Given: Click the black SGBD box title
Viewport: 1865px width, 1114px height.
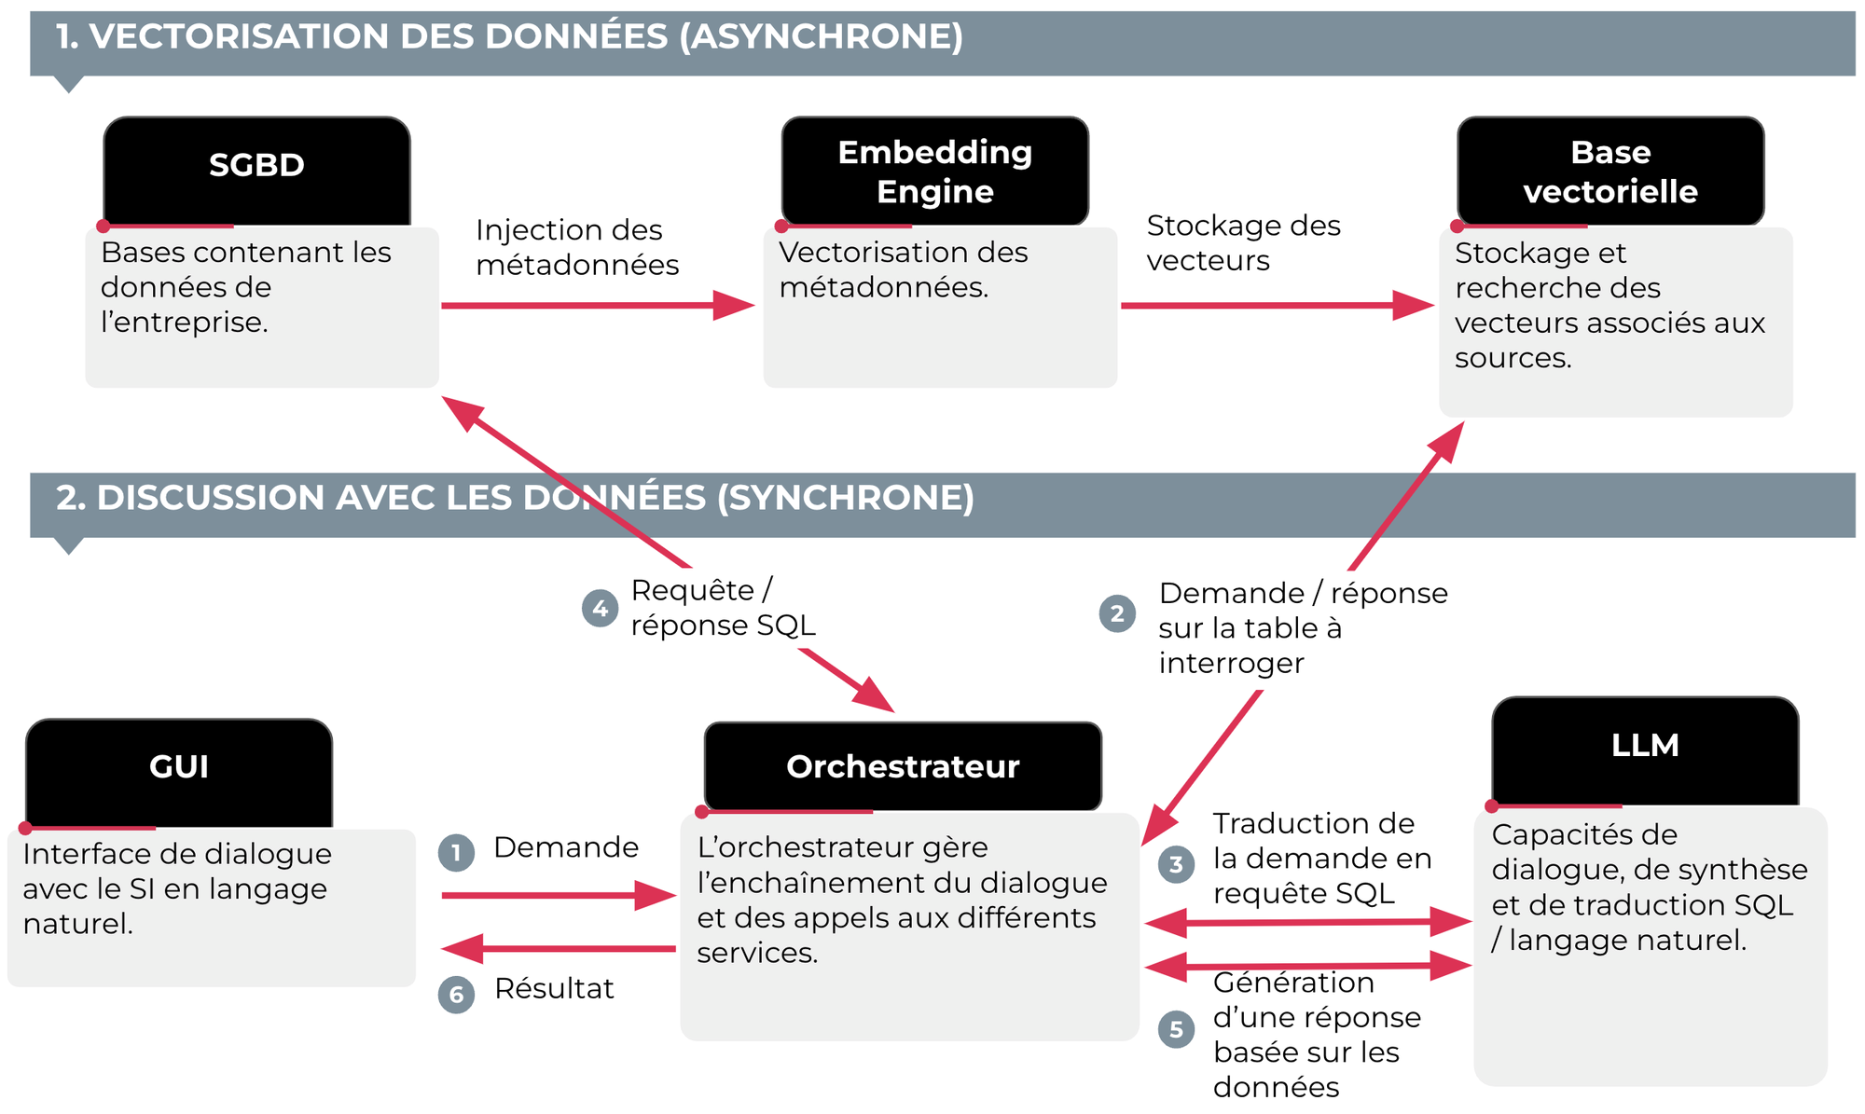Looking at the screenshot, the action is pyautogui.click(x=256, y=171).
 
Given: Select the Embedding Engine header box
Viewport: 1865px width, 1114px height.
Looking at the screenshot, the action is pyautogui.click(x=934, y=171).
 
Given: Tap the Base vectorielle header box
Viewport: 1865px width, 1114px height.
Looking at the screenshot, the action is pyautogui.click(x=1610, y=171).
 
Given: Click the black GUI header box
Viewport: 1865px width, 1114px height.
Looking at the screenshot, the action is pyautogui.click(x=179, y=773).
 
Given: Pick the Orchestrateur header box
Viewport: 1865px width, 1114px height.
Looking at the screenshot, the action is pyautogui.click(x=903, y=766).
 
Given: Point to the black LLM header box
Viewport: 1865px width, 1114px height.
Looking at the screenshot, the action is pyautogui.click(x=1645, y=751).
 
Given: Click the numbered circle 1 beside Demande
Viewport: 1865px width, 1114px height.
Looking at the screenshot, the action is pyautogui.click(x=456, y=852).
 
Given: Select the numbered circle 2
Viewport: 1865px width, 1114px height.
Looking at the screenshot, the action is pyautogui.click(x=1117, y=613).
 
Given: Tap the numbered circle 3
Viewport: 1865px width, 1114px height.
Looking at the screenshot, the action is pyautogui.click(x=1176, y=864).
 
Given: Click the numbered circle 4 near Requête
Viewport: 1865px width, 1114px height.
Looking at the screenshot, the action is pyautogui.click(x=600, y=609).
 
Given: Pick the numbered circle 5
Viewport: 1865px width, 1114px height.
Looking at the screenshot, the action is pyautogui.click(x=1176, y=1029).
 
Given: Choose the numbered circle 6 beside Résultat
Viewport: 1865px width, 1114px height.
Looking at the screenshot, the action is pyautogui.click(x=456, y=994).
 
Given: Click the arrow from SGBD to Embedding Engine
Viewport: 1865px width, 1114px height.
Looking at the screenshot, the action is pyautogui.click(x=598, y=305).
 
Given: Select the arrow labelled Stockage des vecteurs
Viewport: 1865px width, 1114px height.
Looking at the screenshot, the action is pyautogui.click(x=1278, y=305).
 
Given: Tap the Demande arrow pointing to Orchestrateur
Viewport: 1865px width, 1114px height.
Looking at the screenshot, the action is pyautogui.click(x=559, y=896).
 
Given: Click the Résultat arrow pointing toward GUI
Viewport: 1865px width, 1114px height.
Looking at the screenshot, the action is pyautogui.click(x=559, y=949).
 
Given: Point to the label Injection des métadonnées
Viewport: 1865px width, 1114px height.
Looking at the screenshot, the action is pyautogui.click(x=577, y=247).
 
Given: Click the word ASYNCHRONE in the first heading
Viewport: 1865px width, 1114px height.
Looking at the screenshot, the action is pyautogui.click(x=821, y=36).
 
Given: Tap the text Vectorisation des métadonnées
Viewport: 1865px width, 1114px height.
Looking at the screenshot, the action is pyautogui.click(x=904, y=269).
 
